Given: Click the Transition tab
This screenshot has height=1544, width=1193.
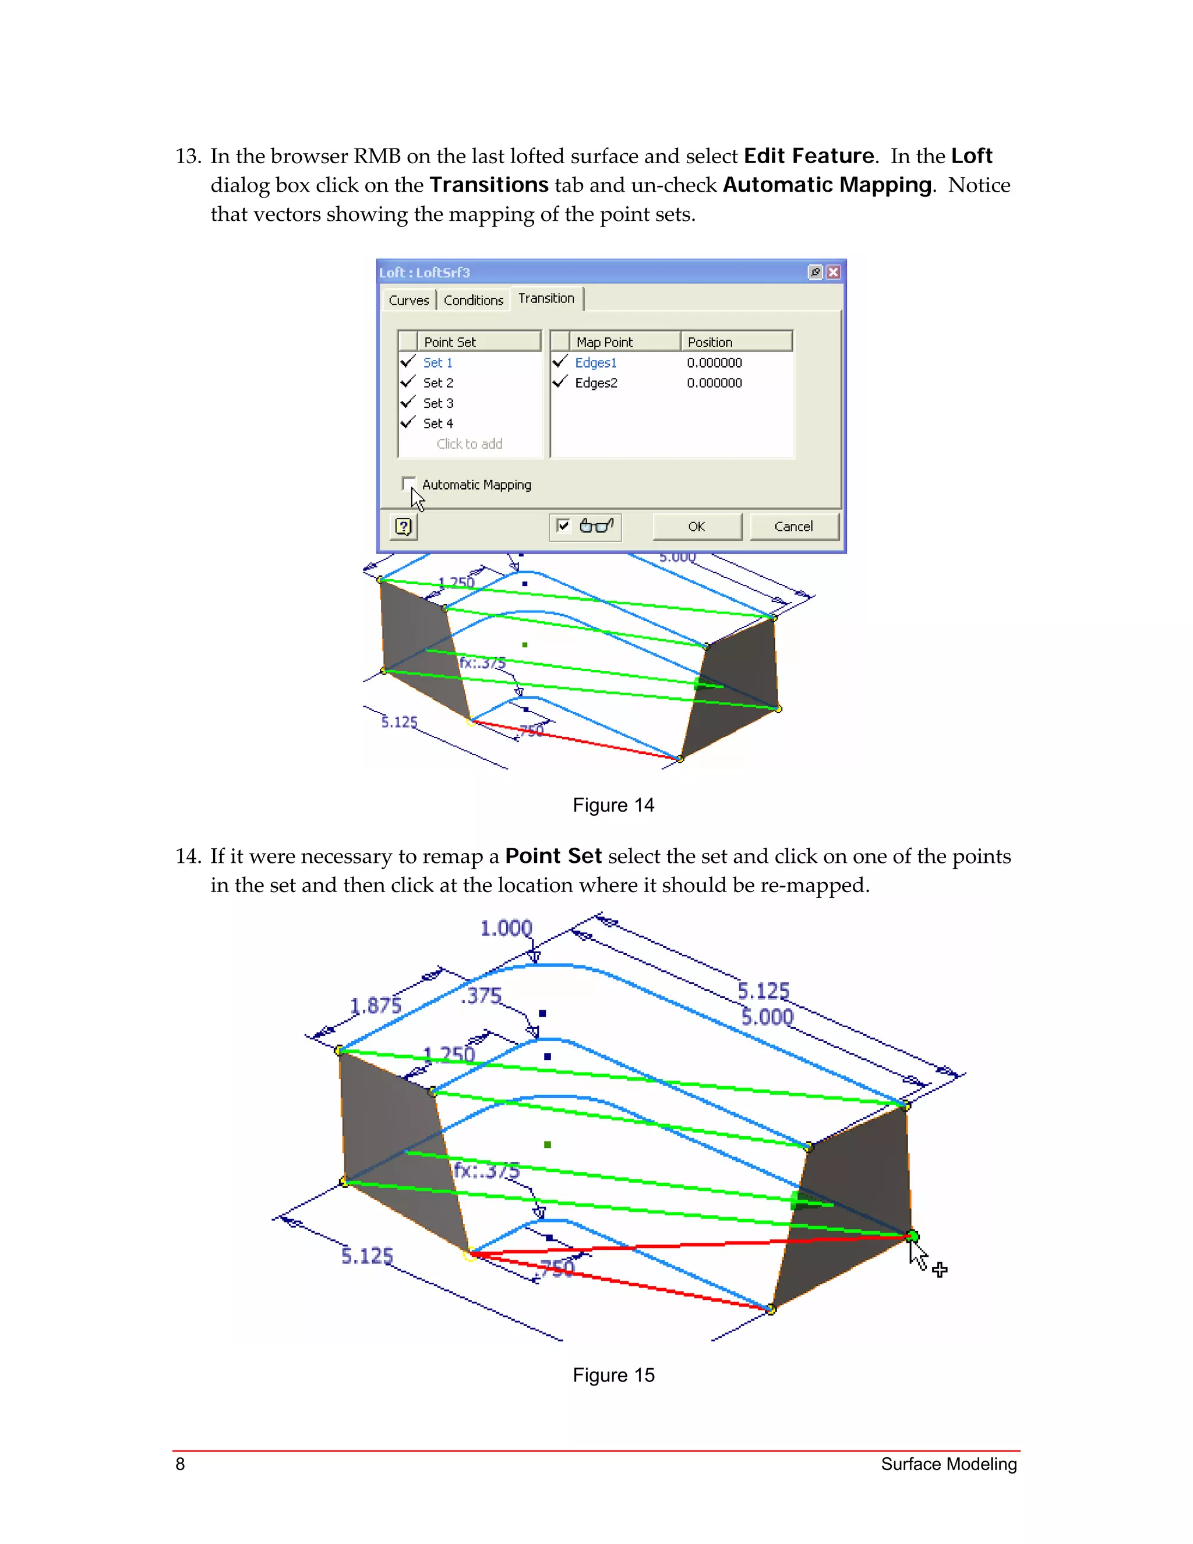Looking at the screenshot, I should point(546,298).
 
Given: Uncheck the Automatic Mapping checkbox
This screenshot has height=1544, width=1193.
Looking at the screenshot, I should point(408,484).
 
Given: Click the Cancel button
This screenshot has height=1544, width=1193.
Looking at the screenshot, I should point(793,527).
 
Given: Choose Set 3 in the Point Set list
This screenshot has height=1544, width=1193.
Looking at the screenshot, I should point(438,403).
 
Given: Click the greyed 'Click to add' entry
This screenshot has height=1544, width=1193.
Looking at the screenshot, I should point(470,444).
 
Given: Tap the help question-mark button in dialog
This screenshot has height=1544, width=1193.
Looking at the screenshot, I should point(404,527).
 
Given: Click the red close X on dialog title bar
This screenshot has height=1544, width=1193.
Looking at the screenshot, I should point(833,272).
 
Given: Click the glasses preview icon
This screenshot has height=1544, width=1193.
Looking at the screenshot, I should point(596,526).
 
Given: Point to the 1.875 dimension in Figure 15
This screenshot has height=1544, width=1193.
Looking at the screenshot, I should point(375,1005).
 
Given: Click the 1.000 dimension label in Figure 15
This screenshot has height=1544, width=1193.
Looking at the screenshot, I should point(506,928).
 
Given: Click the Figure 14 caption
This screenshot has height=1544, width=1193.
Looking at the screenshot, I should point(613,805).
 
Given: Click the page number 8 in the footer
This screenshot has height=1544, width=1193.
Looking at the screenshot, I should point(180,1464).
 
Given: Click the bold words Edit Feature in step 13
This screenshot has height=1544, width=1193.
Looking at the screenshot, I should point(809,156).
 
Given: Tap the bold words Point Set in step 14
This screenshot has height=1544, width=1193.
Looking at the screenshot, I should point(553,856).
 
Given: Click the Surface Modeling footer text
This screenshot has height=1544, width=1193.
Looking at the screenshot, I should point(948,1464).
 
